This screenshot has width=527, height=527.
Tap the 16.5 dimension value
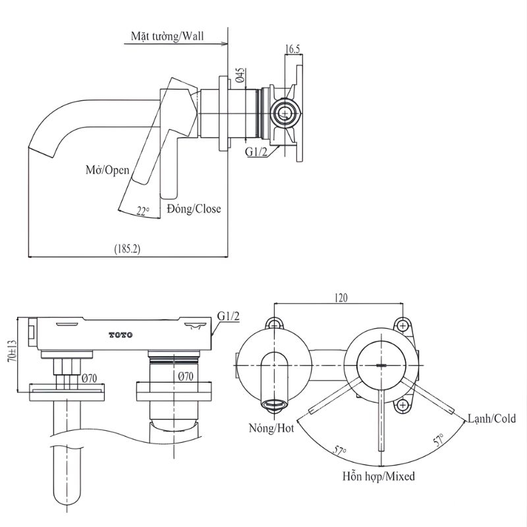293,48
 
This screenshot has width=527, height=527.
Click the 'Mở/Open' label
107,169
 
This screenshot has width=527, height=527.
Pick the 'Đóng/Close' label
194,209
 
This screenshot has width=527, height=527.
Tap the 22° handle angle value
143,211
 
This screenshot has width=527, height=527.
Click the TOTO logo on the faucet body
121,335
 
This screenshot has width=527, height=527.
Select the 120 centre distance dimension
341,298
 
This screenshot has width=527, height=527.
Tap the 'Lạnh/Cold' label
491,418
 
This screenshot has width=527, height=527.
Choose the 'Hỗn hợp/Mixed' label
378,476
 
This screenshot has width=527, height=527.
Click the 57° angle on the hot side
340,451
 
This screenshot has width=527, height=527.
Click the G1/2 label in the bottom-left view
228,317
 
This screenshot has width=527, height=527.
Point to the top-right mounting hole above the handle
401,324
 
